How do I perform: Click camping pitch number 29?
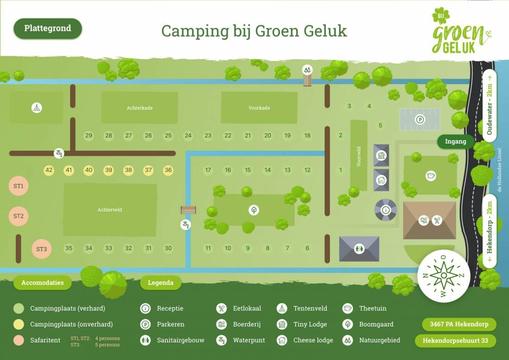pos(88,136)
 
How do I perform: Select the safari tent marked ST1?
pos(19,186)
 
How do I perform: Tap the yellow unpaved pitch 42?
pos(49,170)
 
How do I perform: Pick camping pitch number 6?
pos(307,248)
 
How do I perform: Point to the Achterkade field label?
pos(140,108)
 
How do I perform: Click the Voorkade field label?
pos(259,108)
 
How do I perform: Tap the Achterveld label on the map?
pos(110,210)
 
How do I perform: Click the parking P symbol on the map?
pos(420,119)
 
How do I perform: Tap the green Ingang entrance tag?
pos(455,142)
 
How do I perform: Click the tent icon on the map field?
pos(37,108)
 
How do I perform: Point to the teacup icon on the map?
pos(431,176)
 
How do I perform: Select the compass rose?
pos(444,275)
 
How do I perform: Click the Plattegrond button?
pos(48,28)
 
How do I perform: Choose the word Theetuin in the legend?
pos(372,308)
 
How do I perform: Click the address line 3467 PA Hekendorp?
pos(459,324)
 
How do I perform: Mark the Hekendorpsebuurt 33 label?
pos(455,341)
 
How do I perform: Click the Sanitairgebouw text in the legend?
pos(180,340)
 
